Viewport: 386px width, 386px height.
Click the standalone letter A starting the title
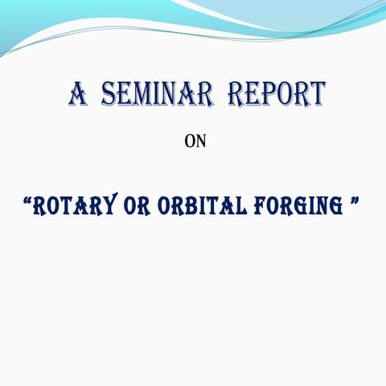[78, 95]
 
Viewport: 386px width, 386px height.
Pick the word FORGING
[294, 206]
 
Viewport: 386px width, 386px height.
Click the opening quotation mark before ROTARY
[27, 199]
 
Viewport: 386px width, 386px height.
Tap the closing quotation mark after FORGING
[353, 199]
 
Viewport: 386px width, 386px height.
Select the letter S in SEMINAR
[109, 95]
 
